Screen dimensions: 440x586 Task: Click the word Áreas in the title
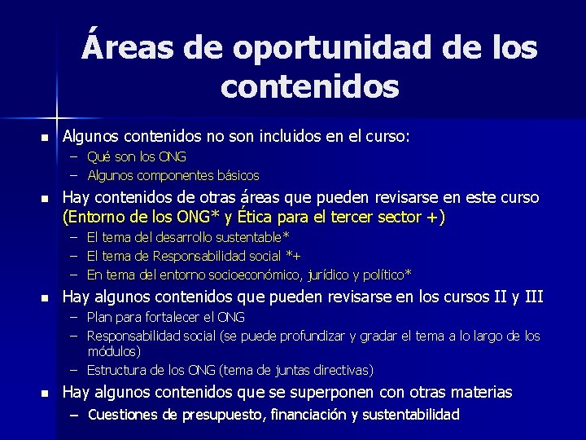click(127, 47)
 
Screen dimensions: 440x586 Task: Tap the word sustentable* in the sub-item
click(247, 237)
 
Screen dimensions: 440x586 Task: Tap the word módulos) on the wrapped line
click(114, 351)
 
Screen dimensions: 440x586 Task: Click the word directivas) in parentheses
click(339, 370)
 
